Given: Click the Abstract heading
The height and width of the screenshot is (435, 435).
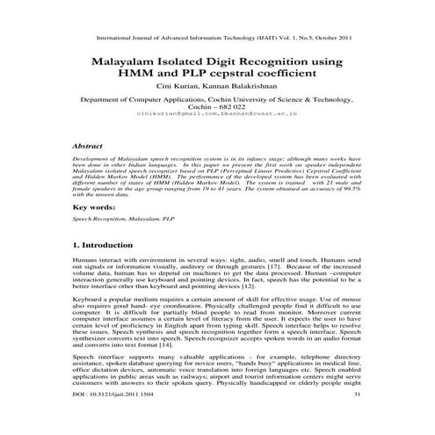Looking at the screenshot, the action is tap(91, 141).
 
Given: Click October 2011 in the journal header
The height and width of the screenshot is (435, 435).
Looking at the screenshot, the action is tap(330, 39).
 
